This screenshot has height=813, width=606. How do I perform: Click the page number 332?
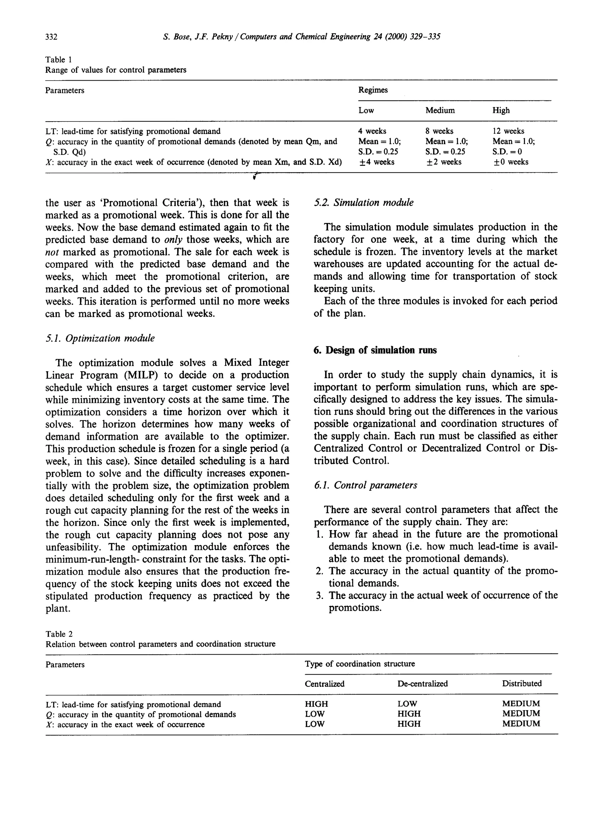pyautogui.click(x=51, y=37)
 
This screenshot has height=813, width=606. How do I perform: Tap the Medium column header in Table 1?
pyautogui.click(x=440, y=110)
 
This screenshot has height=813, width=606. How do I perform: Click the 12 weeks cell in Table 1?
pyautogui.click(x=508, y=131)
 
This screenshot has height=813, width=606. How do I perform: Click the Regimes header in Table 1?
pyautogui.click(x=373, y=90)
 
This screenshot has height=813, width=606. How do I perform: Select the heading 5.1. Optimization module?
pyautogui.click(x=100, y=338)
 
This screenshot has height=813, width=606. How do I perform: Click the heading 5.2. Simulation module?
pyautogui.click(x=363, y=203)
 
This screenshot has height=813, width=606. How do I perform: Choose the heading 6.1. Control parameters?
pyautogui.click(x=365, y=485)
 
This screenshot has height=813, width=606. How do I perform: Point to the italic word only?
pyautogui.click(x=173, y=239)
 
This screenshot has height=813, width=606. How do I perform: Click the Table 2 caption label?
pyautogui.click(x=59, y=634)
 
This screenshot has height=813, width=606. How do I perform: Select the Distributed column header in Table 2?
pyautogui.click(x=522, y=683)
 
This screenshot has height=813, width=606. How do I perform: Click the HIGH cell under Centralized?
pyautogui.click(x=316, y=704)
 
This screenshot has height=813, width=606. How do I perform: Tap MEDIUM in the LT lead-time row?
pyautogui.click(x=521, y=704)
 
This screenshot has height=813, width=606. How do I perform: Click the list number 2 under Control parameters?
pyautogui.click(x=319, y=571)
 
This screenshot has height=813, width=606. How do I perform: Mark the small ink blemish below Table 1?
pyautogui.click(x=255, y=176)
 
